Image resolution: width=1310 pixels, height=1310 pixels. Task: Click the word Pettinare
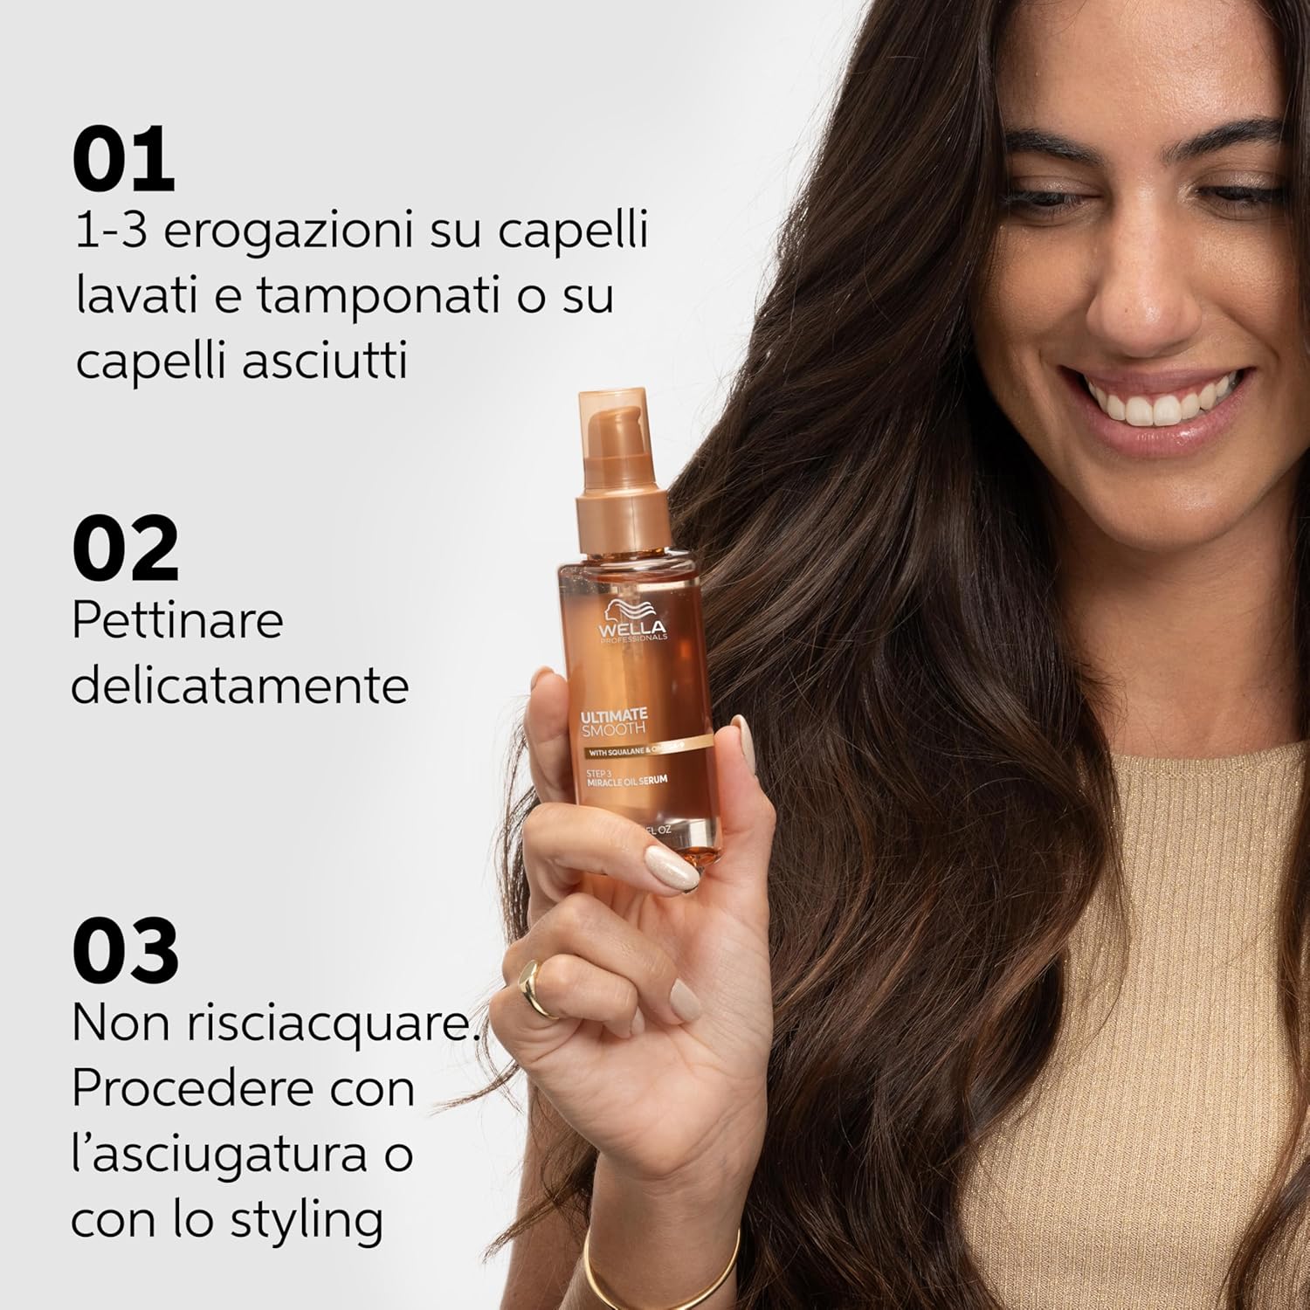pyautogui.click(x=177, y=622)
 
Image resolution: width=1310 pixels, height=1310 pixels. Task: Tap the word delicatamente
pyautogui.click(x=239, y=686)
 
